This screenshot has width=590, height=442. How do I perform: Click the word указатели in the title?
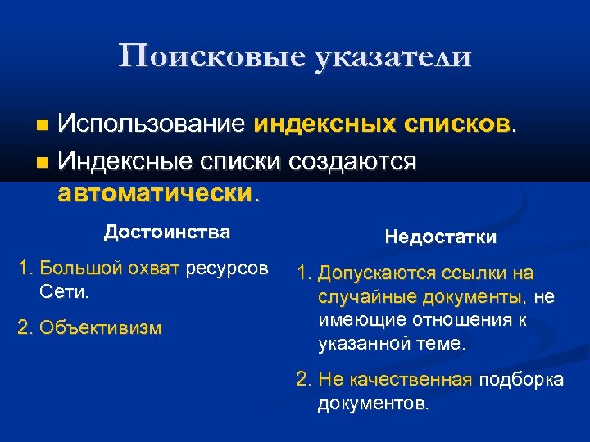(392, 56)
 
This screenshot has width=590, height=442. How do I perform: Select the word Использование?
(152, 124)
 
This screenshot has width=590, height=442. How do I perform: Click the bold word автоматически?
(155, 194)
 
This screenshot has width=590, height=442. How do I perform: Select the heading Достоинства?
(166, 232)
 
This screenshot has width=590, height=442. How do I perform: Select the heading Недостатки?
(440, 237)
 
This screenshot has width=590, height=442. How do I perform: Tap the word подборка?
(520, 380)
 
